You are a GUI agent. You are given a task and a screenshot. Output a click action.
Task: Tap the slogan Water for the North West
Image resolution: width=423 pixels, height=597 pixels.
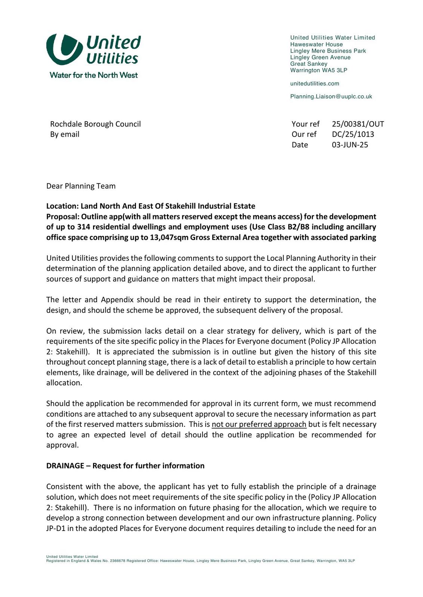tap(93, 75)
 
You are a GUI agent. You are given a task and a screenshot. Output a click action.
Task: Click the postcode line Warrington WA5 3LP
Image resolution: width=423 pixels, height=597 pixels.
tap(318, 70)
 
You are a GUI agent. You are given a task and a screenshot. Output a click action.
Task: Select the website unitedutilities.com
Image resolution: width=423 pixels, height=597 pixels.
tap(315, 84)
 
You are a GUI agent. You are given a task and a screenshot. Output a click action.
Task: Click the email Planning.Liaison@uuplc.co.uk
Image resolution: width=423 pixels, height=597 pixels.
tap(331, 96)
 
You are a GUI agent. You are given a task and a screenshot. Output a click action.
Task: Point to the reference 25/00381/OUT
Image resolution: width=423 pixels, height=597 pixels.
tap(358, 124)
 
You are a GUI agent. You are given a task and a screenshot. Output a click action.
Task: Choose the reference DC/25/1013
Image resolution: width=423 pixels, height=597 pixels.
tap(353, 134)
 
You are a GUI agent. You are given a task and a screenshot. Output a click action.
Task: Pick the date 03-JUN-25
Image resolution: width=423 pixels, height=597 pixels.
tap(350, 145)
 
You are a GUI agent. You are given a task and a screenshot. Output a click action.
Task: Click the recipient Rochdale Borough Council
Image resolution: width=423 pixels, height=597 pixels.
tap(95, 124)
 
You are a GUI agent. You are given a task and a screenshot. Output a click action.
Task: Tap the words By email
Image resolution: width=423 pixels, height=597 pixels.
tap(65, 134)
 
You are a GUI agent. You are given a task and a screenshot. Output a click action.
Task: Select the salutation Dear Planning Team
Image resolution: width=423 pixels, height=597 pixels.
tap(81, 186)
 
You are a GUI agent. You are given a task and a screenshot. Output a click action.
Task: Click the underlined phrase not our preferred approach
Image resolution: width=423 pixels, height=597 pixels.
tap(259, 424)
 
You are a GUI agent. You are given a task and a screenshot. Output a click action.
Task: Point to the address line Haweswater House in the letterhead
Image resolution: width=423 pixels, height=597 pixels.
tap(316, 44)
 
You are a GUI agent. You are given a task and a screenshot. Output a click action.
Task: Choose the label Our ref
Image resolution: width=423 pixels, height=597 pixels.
tap(304, 134)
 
